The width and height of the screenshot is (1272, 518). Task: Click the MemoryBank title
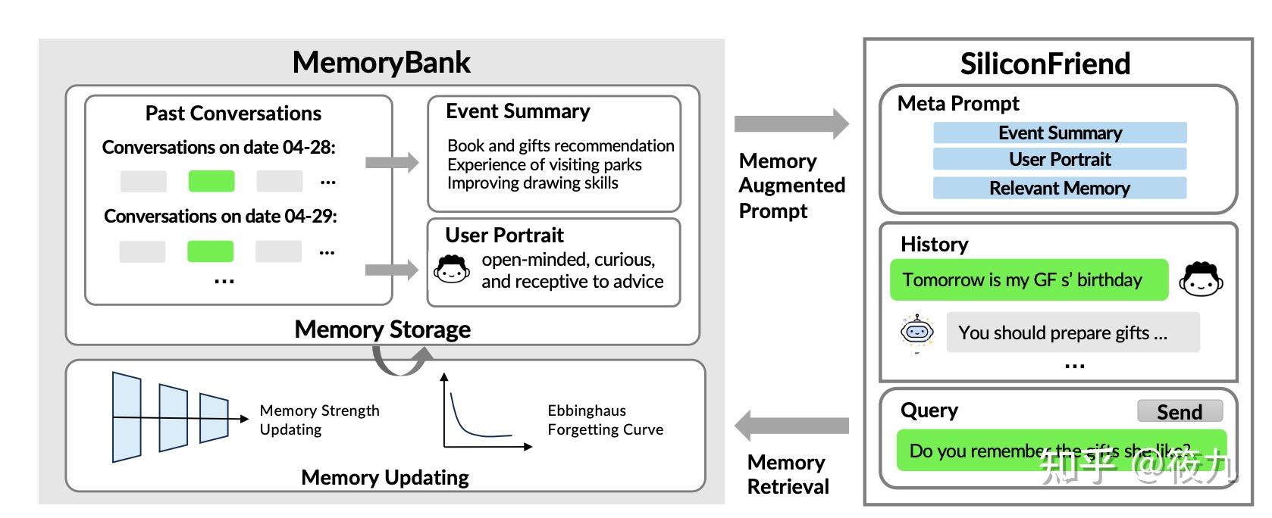(x=381, y=62)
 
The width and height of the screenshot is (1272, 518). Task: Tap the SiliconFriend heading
(x=1045, y=64)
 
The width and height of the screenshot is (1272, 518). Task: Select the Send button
(x=1180, y=411)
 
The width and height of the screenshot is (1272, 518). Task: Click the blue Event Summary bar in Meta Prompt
(x=1060, y=133)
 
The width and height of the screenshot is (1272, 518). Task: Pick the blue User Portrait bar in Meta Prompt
(x=1060, y=159)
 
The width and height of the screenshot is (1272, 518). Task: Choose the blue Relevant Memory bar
(x=1060, y=188)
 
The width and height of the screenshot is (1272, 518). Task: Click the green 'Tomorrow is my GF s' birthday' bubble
(x=1028, y=280)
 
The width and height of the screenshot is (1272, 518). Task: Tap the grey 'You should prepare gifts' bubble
(x=1072, y=332)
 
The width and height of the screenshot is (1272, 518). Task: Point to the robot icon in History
(x=917, y=332)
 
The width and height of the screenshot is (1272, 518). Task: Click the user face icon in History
(x=1201, y=279)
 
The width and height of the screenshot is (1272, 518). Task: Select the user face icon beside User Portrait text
(x=452, y=269)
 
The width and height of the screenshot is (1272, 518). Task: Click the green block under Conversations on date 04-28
(x=211, y=182)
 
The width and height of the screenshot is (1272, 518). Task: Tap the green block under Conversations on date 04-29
(x=210, y=251)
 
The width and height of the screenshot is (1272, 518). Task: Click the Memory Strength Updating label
(x=319, y=420)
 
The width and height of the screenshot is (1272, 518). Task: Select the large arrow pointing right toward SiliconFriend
(x=791, y=123)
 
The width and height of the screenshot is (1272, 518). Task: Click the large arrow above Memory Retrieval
(x=791, y=426)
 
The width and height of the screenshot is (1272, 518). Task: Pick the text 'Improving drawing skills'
(x=532, y=183)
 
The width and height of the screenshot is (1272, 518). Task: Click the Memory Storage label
(x=382, y=329)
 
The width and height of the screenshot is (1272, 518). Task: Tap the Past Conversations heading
(x=233, y=114)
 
